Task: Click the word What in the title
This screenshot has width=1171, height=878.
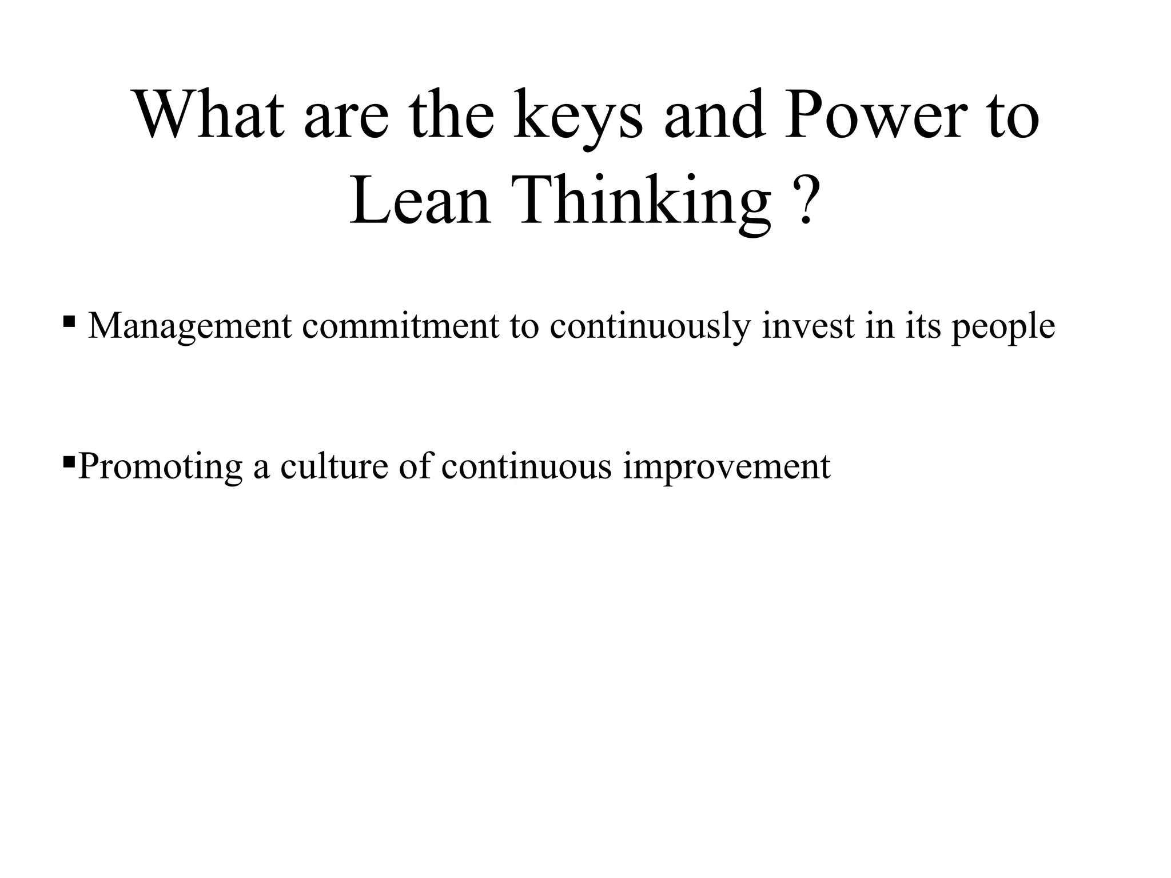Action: (x=208, y=114)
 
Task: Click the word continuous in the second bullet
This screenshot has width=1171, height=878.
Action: (x=527, y=466)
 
